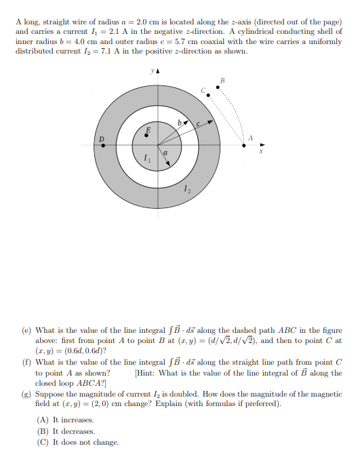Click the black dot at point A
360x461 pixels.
click(x=245, y=144)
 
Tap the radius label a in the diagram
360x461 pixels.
click(x=165, y=154)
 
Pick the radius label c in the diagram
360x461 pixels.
click(x=198, y=124)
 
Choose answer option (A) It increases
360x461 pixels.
click(x=65, y=420)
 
